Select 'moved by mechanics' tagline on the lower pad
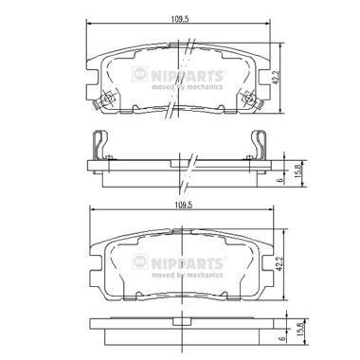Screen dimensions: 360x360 point(193,267)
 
